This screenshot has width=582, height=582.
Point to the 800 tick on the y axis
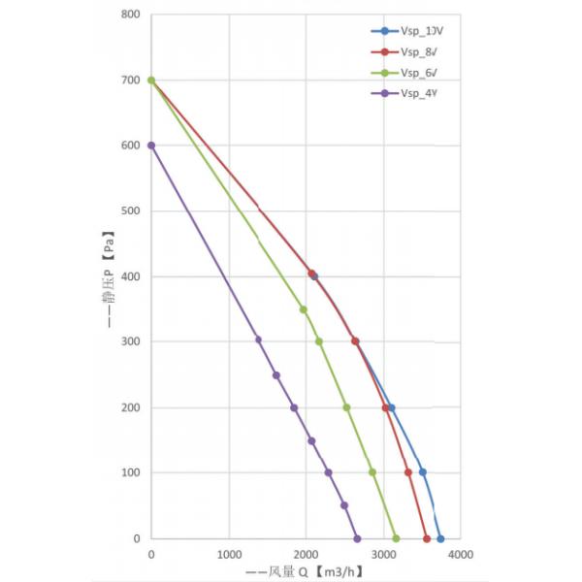point(130,15)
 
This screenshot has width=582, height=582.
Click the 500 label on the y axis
point(130,211)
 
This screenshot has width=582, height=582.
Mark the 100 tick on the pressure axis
point(130,473)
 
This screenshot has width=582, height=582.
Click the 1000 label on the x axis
point(229,555)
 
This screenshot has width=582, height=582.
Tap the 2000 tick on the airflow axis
point(306,555)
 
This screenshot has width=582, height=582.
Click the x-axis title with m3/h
point(307,572)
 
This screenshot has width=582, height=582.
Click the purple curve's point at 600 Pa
point(151,145)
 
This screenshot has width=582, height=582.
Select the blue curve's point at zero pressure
point(440,538)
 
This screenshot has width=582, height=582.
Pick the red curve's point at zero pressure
point(426,538)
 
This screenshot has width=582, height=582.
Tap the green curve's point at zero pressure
point(396,538)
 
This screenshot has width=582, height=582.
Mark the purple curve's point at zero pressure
point(357,538)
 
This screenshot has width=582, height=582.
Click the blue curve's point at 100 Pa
point(422,472)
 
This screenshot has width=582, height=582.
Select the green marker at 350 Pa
point(304,309)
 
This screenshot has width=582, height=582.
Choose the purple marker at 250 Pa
point(276,375)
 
